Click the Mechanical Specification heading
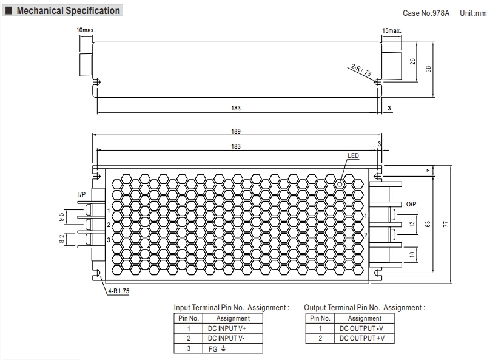coord(67,11)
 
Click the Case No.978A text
coord(426,13)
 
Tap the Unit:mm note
coord(473,13)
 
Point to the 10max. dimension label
coord(86,30)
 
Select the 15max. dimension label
coord(391,30)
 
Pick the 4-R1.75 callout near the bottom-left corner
coord(118,291)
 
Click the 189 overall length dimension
coord(236,132)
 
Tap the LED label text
coord(353,156)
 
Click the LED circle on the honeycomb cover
coord(340,183)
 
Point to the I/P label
coord(82,194)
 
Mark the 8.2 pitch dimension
coord(61,239)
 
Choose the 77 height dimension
coord(446,225)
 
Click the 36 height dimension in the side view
coord(428,69)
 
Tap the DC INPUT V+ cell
coord(232,328)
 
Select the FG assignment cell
coord(232,348)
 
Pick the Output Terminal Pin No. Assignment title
coord(364,308)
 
